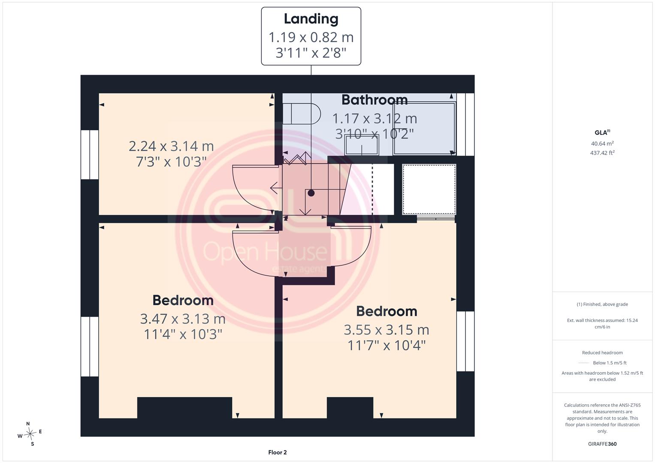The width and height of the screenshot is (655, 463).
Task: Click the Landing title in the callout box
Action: click(x=311, y=19)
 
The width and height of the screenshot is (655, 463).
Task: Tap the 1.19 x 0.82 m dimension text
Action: click(x=311, y=37)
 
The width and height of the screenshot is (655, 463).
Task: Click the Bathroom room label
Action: click(x=374, y=100)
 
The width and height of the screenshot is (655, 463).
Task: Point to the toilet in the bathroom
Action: click(x=302, y=114)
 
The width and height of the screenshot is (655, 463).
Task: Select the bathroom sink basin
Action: click(x=362, y=145)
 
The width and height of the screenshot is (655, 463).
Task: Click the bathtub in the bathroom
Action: click(x=425, y=128)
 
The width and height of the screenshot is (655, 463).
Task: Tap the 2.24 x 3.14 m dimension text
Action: click(x=171, y=146)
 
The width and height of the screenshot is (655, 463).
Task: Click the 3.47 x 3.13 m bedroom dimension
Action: click(x=183, y=319)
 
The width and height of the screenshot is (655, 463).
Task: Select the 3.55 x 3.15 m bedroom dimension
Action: click(x=386, y=330)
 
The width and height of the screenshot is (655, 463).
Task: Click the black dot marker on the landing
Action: click(x=311, y=193)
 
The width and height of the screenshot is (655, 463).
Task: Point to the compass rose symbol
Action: click(x=30, y=434)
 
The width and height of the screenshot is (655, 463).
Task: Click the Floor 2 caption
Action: click(x=278, y=452)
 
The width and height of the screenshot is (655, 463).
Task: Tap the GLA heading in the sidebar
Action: click(x=602, y=132)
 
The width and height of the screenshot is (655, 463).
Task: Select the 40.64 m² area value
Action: click(x=602, y=144)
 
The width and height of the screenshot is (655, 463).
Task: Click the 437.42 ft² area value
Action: click(x=602, y=153)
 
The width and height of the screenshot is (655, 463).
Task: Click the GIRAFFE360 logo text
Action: click(x=602, y=444)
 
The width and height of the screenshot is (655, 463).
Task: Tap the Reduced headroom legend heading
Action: click(x=602, y=352)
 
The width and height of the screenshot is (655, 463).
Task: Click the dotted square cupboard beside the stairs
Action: click(x=429, y=189)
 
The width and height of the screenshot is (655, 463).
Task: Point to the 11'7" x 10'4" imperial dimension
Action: click(x=386, y=346)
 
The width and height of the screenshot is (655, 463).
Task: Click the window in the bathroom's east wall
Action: click(x=465, y=124)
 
